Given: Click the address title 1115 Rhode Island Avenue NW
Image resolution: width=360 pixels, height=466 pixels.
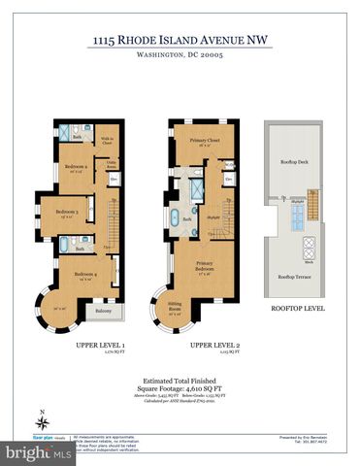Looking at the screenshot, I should point(180,40).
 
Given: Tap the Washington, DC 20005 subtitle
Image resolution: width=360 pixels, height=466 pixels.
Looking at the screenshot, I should point(180,56).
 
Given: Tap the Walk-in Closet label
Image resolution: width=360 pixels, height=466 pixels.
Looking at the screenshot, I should point(108,141).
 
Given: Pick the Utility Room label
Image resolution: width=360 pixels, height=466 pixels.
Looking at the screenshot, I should point(111,164).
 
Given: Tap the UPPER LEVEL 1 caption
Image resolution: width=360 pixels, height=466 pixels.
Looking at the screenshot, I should point(82,345).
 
